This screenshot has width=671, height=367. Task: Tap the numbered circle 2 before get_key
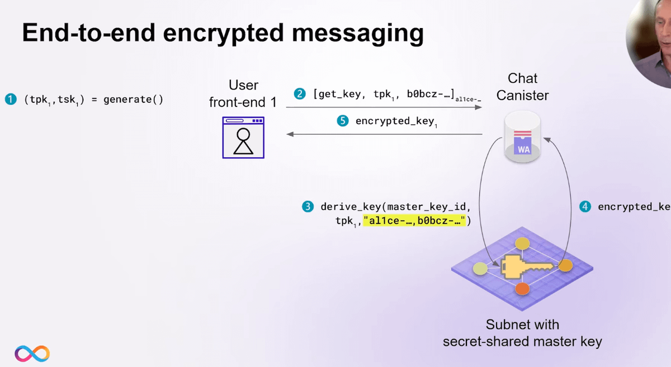(x=300, y=94)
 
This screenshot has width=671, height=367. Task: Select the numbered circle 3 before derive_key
(x=308, y=206)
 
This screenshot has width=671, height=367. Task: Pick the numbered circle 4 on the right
(x=585, y=206)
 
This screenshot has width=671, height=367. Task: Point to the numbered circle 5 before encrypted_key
(x=343, y=121)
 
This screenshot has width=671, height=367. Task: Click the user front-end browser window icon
(x=243, y=138)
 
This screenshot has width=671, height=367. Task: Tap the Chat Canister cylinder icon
(x=523, y=137)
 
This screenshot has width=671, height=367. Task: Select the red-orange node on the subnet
(x=522, y=289)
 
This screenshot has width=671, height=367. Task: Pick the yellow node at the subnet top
(x=522, y=244)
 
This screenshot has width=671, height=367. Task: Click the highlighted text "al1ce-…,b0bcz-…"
(x=414, y=221)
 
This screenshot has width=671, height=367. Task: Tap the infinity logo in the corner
(x=32, y=353)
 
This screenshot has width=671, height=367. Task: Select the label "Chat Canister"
(x=522, y=87)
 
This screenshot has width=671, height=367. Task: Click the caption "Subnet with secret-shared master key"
(x=522, y=333)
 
